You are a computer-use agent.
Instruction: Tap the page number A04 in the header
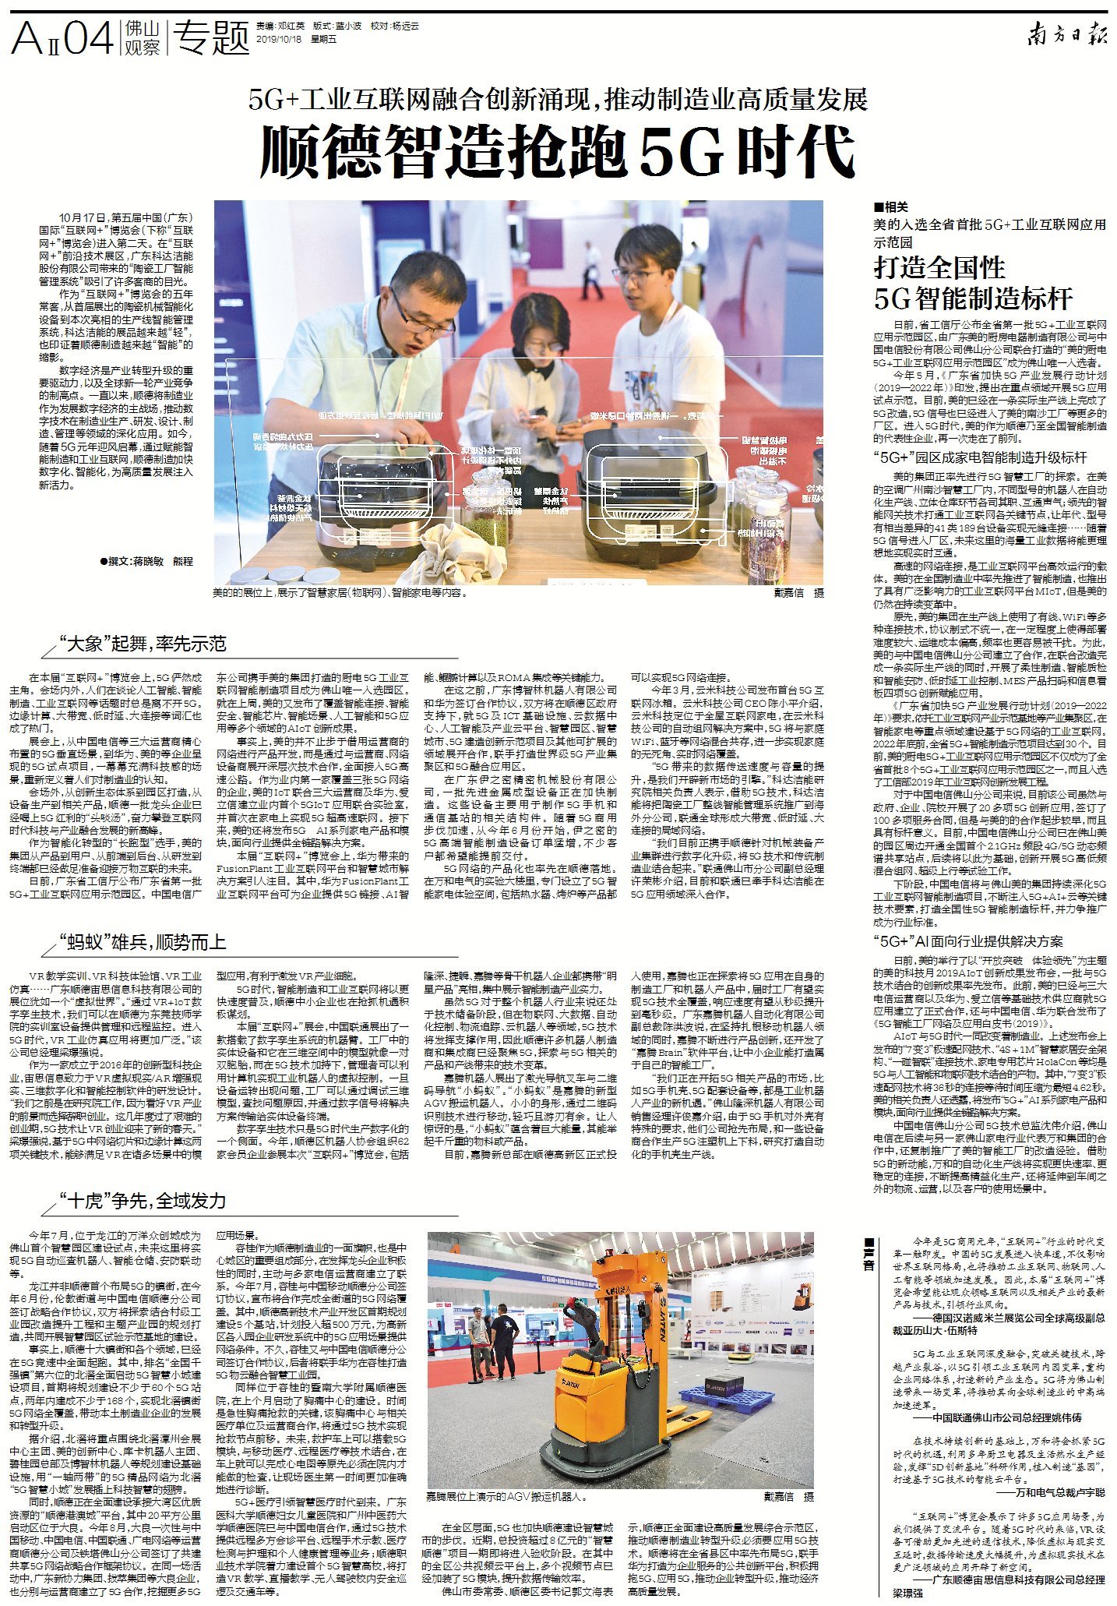coord(62,37)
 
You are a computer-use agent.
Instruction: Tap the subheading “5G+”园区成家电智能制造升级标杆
coord(979,457)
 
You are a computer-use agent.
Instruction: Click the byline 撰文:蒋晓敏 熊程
coord(146,561)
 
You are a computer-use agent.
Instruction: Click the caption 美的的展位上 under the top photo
coord(340,593)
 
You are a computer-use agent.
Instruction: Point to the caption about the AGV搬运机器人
coord(506,1497)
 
